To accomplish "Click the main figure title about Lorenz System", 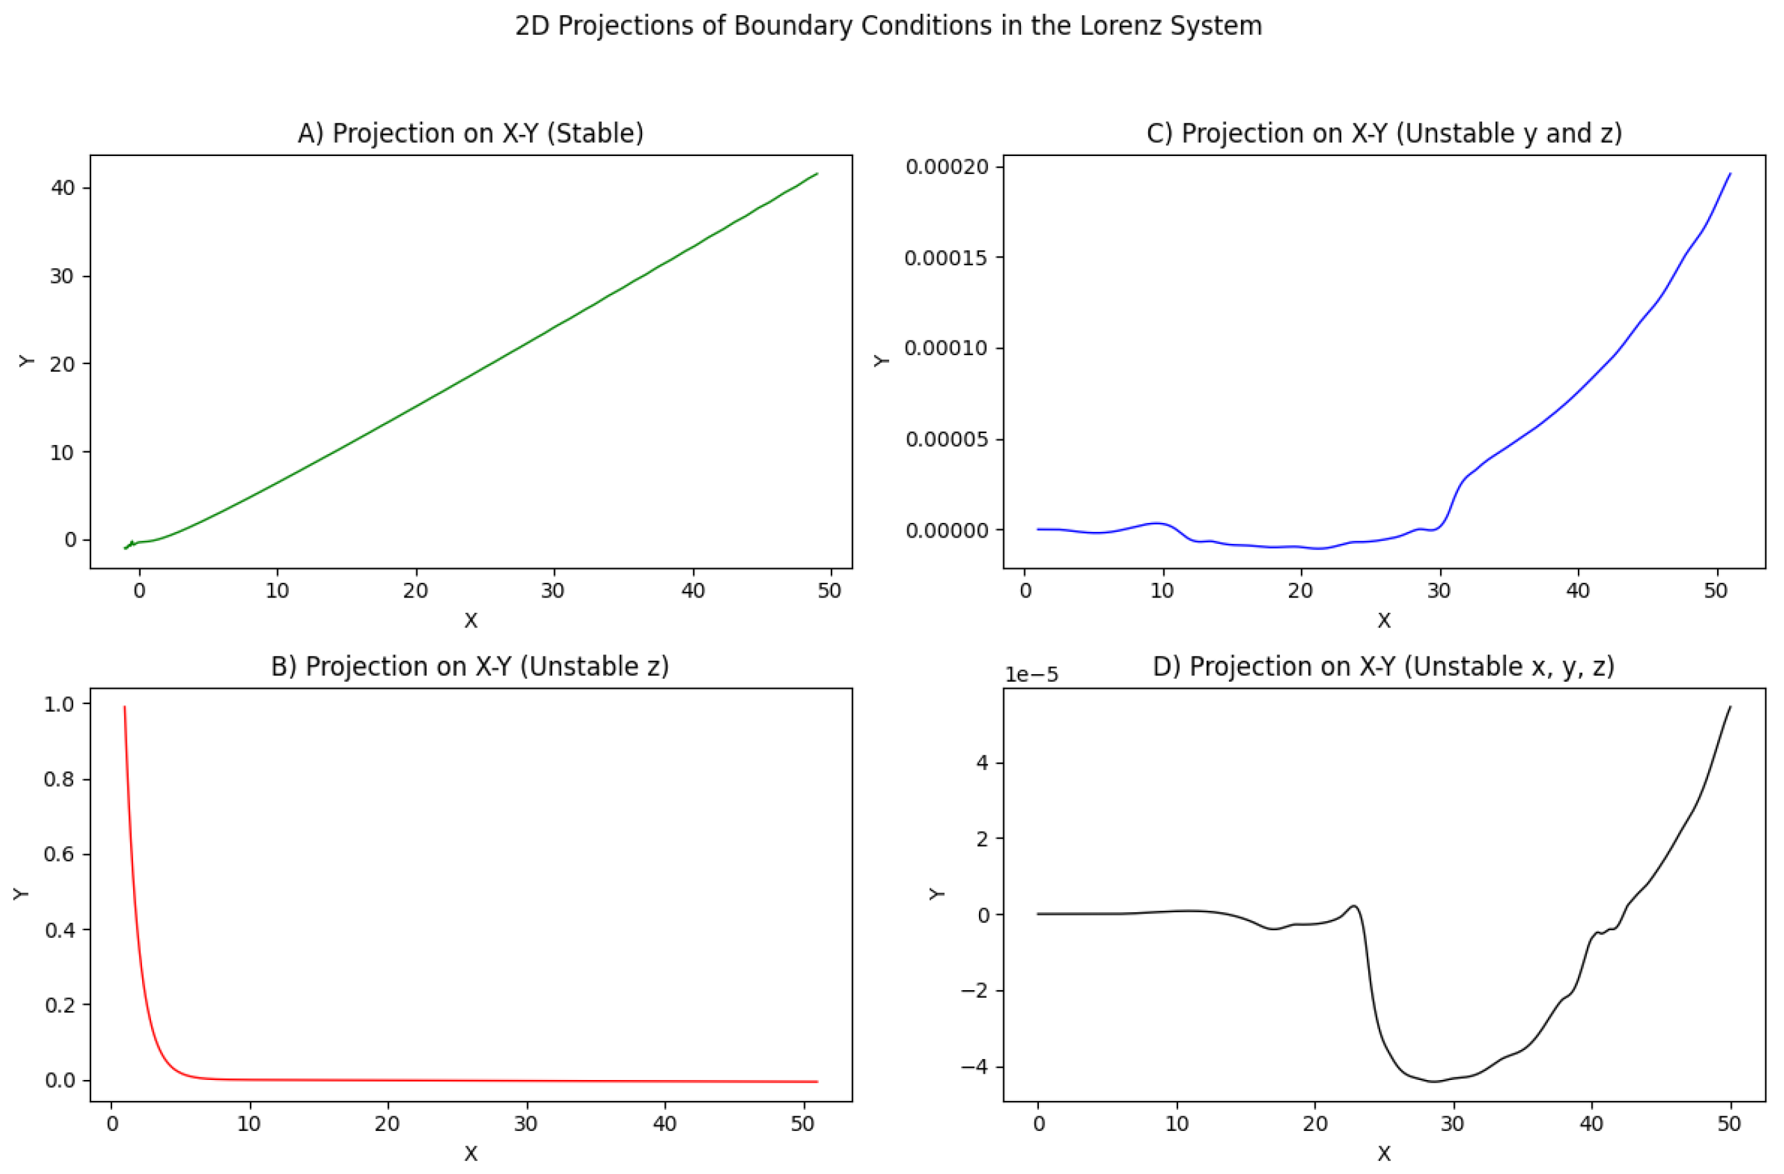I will click(x=889, y=26).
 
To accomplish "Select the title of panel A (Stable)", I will click(x=471, y=134).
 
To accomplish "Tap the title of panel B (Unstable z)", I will click(x=470, y=666).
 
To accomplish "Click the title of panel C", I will click(x=1384, y=134).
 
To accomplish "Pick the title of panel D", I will click(x=1384, y=666).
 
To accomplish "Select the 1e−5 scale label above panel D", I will click(x=1031, y=675).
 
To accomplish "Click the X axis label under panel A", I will click(x=471, y=620).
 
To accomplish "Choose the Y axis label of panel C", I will click(x=882, y=361).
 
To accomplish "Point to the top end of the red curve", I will click(x=125, y=706).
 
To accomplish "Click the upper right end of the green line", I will click(x=817, y=173).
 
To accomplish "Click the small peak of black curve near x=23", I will click(x=1354, y=907).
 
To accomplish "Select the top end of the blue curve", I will click(x=1730, y=173).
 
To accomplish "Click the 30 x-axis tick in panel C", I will click(x=1439, y=590).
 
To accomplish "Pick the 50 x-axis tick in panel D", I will click(x=1730, y=1124).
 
